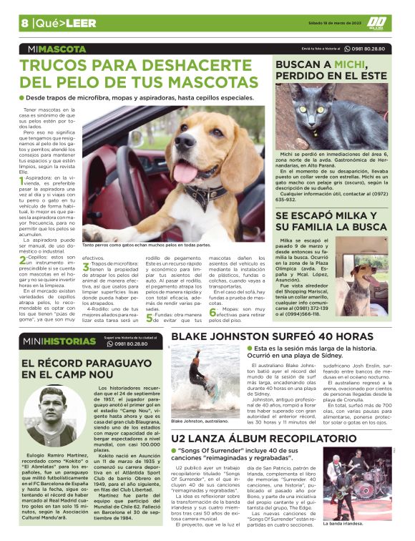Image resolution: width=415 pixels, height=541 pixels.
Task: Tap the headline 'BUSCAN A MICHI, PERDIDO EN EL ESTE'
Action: click(x=331, y=69)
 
